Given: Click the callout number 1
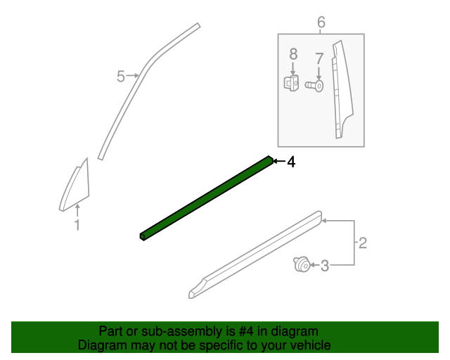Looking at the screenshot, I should (77, 225).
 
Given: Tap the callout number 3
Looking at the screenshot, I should (325, 266).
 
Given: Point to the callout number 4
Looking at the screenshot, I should (290, 162).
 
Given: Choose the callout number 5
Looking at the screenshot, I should (120, 76).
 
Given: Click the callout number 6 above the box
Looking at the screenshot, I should (321, 22).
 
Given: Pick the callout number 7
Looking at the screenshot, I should (319, 58).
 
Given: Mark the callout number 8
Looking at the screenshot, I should (293, 53).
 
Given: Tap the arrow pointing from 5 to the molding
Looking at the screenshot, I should (134, 75).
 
